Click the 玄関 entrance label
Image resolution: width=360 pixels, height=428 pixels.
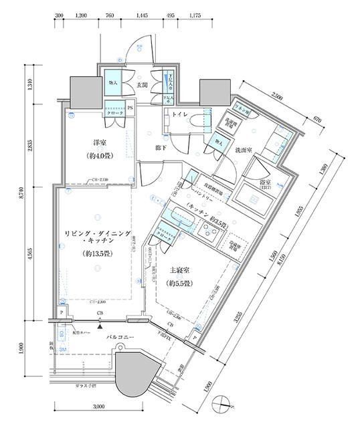click(142, 86)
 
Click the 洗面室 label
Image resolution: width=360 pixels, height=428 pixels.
click(242, 151)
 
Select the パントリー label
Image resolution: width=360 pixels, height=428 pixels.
click(201, 199)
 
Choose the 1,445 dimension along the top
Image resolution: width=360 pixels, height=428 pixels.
click(142, 14)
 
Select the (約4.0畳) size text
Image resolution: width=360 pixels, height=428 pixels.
click(101, 158)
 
